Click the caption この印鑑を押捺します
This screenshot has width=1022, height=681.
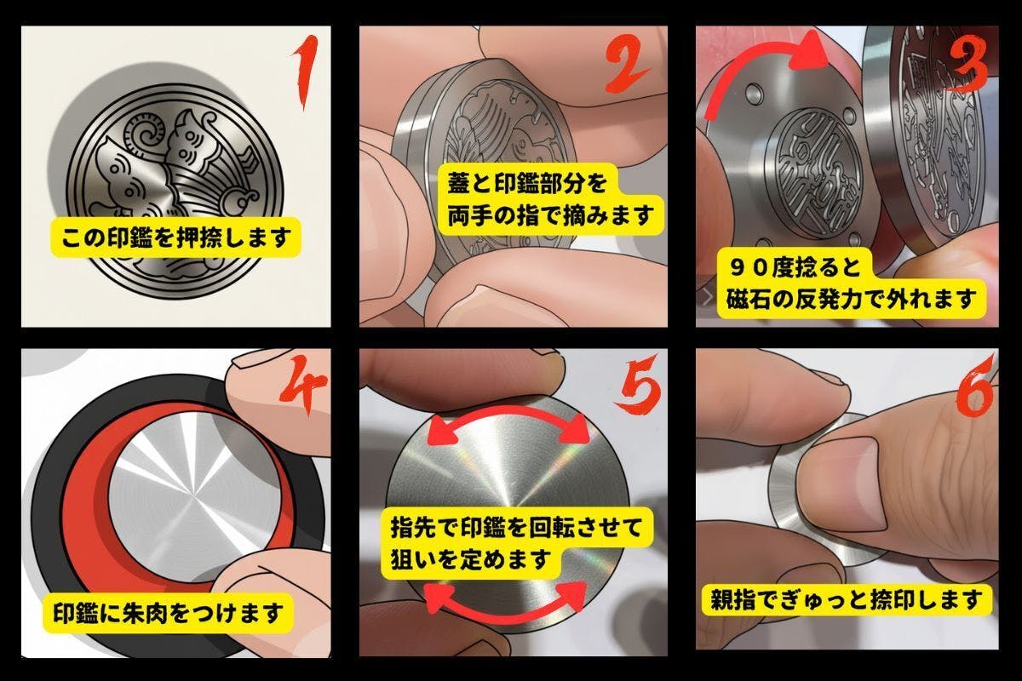(176, 237)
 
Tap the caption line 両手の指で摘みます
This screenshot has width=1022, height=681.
(551, 215)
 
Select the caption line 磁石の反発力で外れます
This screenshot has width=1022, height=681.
(852, 300)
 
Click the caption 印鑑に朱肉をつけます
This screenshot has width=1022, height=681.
(169, 613)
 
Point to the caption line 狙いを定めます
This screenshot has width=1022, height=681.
(470, 559)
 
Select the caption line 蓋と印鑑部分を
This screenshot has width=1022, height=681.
(527, 183)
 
